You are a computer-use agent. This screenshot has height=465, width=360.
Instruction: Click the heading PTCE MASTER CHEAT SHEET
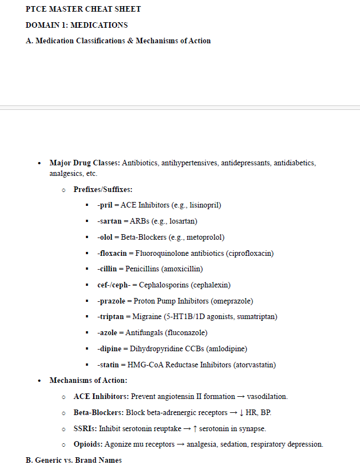(83, 9)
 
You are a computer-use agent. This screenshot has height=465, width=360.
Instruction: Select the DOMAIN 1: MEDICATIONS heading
(77, 25)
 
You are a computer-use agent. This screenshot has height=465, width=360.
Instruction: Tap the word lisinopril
(205, 205)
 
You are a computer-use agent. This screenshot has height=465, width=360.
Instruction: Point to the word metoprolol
(205, 237)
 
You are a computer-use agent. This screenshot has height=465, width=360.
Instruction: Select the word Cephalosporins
(163, 285)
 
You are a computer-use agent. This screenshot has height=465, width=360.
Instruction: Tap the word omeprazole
(232, 301)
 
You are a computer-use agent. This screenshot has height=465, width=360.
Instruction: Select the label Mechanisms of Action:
(88, 381)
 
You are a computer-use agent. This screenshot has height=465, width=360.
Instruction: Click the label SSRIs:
(85, 429)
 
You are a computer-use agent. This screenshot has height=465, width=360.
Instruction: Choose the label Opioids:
(88, 444)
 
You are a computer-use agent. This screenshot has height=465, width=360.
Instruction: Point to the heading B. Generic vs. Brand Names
(74, 460)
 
